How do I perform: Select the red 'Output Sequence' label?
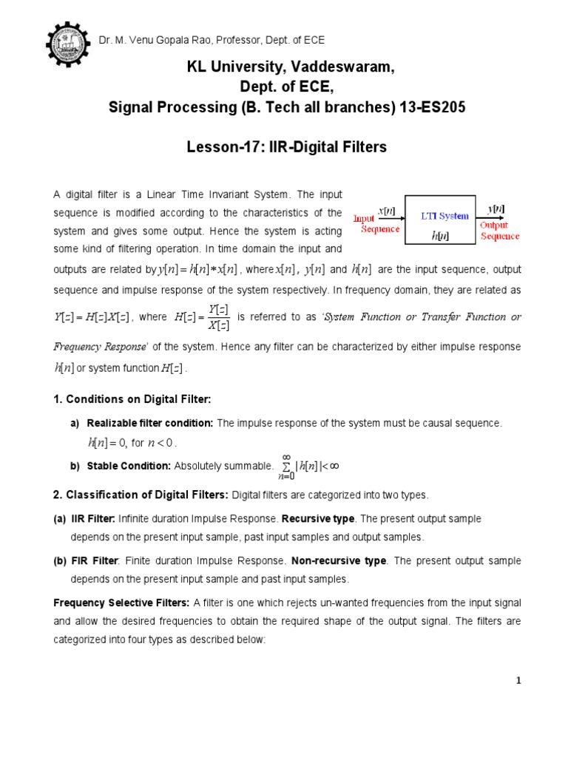pyautogui.click(x=499, y=231)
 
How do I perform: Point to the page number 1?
pyautogui.click(x=519, y=681)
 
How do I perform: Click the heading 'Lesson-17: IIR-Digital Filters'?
pyautogui.click(x=286, y=147)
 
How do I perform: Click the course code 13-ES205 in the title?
pyautogui.click(x=430, y=107)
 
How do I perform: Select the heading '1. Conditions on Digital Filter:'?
pyautogui.click(x=132, y=399)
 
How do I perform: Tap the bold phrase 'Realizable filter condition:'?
pyautogui.click(x=150, y=423)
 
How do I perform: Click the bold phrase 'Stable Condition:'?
pyautogui.click(x=129, y=466)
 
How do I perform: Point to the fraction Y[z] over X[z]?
pyautogui.click(x=218, y=317)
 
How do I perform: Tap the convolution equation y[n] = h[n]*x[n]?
pyautogui.click(x=197, y=270)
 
